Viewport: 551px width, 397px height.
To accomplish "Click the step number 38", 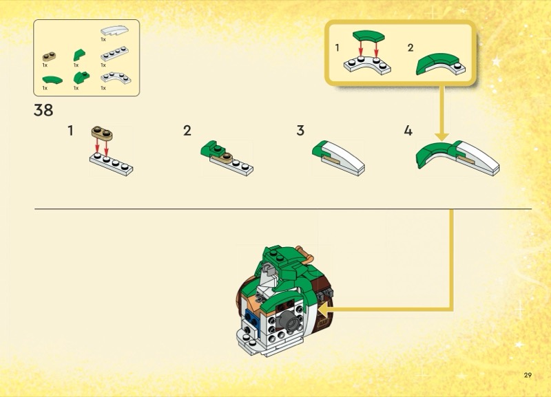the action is [x=43, y=110].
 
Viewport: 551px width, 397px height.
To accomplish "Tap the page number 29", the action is [x=528, y=375].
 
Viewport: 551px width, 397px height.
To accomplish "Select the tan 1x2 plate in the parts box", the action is [x=49, y=56].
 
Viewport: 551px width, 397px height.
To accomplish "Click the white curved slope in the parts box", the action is [x=114, y=30].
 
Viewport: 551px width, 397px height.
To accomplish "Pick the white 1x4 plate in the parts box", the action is [x=114, y=54].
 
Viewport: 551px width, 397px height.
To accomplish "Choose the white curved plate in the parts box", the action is [x=116, y=78].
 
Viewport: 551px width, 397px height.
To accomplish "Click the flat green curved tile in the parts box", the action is [x=52, y=80].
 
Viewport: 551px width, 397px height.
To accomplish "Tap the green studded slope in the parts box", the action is [x=81, y=77].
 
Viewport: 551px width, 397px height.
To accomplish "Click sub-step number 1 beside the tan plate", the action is [x=71, y=131].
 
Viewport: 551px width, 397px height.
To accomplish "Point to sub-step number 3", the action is [x=300, y=131].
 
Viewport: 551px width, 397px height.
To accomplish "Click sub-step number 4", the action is [x=408, y=131].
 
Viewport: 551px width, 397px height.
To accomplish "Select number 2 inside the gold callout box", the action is [x=410, y=47].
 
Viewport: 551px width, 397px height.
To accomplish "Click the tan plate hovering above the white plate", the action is [x=102, y=133].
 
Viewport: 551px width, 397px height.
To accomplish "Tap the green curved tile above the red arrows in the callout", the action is [x=368, y=36].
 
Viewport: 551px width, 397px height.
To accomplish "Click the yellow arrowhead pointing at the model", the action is [x=322, y=309].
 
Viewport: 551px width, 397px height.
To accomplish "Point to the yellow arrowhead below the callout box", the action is [x=441, y=137].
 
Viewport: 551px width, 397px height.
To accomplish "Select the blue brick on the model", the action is [x=252, y=320].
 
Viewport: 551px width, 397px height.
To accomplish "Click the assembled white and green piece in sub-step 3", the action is [x=338, y=158].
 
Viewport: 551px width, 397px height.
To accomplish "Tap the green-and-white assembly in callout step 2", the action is [x=441, y=64].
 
